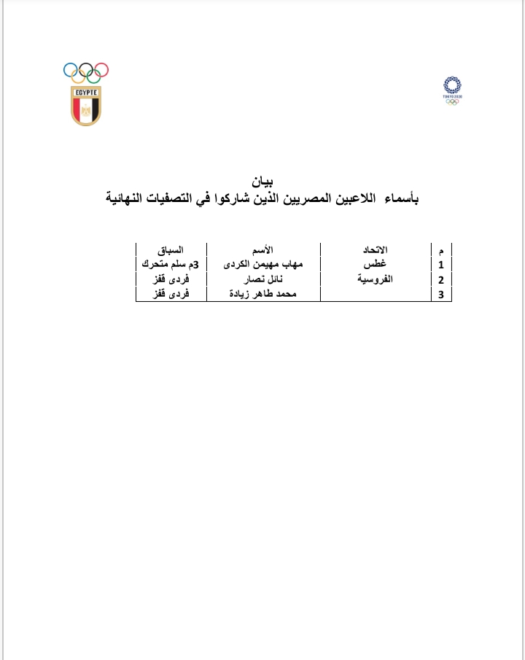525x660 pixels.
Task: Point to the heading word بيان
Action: click(x=261, y=182)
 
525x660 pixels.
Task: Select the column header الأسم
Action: click(x=263, y=250)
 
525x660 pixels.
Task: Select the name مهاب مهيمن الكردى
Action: click(x=263, y=264)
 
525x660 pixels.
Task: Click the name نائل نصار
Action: click(x=263, y=279)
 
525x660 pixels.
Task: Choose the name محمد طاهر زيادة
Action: click(x=263, y=293)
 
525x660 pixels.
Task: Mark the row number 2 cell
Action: click(x=440, y=279)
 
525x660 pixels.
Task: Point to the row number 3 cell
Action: click(x=440, y=294)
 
